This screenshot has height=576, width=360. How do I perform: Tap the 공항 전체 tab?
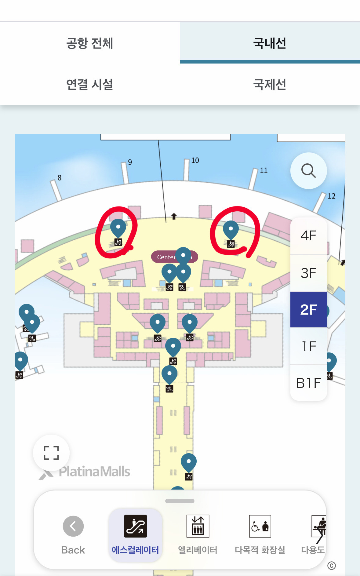(x=90, y=43)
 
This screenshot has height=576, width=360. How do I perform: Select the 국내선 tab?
(x=270, y=43)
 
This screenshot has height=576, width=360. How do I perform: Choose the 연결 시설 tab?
(x=90, y=84)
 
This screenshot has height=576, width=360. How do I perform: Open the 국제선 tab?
(x=270, y=84)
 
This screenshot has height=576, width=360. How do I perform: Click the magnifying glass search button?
(x=308, y=170)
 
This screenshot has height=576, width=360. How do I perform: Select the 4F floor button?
(x=308, y=236)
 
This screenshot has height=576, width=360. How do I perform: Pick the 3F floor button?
(x=308, y=273)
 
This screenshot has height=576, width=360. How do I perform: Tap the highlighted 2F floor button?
(x=308, y=310)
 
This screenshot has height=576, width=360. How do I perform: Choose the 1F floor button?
(x=308, y=346)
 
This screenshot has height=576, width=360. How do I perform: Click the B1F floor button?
(x=308, y=383)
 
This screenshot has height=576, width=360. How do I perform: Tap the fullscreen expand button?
(x=51, y=453)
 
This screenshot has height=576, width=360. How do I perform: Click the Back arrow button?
(x=73, y=526)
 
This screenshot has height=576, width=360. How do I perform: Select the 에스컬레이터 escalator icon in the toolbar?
(x=135, y=526)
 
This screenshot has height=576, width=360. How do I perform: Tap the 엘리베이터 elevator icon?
(x=198, y=526)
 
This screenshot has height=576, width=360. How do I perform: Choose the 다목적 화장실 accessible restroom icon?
(x=260, y=526)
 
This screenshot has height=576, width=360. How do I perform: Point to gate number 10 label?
(x=195, y=160)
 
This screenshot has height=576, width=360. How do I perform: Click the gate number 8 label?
(x=60, y=178)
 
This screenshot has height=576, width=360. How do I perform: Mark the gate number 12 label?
(x=332, y=196)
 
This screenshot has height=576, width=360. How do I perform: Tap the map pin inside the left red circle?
(x=118, y=228)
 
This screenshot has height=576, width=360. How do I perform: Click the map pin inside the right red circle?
(x=231, y=229)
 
